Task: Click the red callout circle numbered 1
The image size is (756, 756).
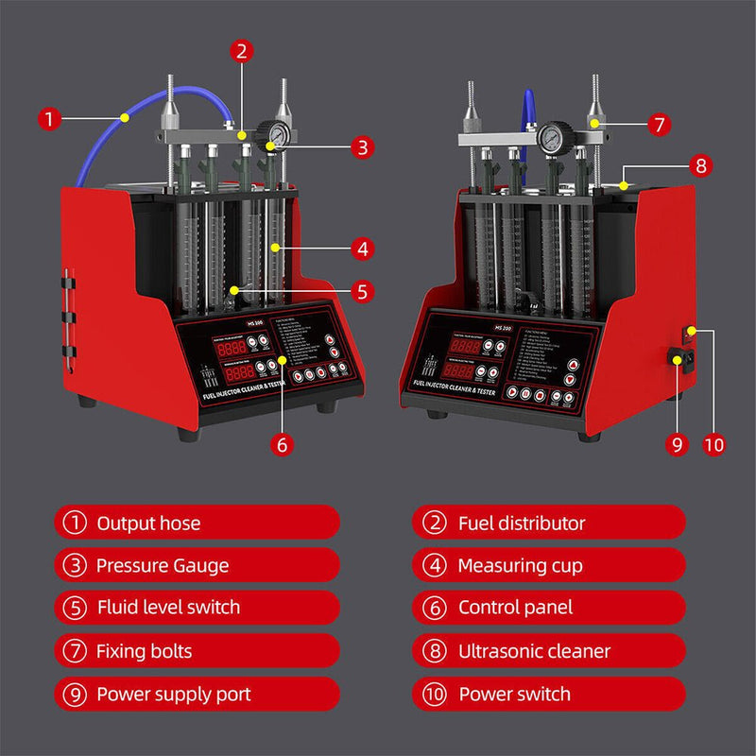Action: coord(49,119)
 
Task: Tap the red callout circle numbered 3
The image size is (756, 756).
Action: coord(363,146)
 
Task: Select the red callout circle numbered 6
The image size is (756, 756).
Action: coord(281,441)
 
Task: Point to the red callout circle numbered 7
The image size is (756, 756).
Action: coord(659,124)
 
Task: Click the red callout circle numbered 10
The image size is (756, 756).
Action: coord(714,442)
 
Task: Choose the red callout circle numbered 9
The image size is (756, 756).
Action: coord(675,442)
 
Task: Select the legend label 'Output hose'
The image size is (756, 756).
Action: coord(148,523)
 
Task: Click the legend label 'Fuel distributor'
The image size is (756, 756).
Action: coord(522,523)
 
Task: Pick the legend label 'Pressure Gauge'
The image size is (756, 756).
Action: coord(163,566)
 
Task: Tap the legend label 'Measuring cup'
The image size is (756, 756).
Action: coord(520,566)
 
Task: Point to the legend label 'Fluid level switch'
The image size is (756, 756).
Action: coord(168,608)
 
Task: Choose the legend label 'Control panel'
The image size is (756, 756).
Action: coord(516,608)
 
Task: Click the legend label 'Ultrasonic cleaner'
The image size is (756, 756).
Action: coord(534,651)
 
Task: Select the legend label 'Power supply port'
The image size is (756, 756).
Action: coord(174,695)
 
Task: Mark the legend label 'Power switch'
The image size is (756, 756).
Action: coord(515,695)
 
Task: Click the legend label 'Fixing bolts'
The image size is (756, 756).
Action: coord(145,651)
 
